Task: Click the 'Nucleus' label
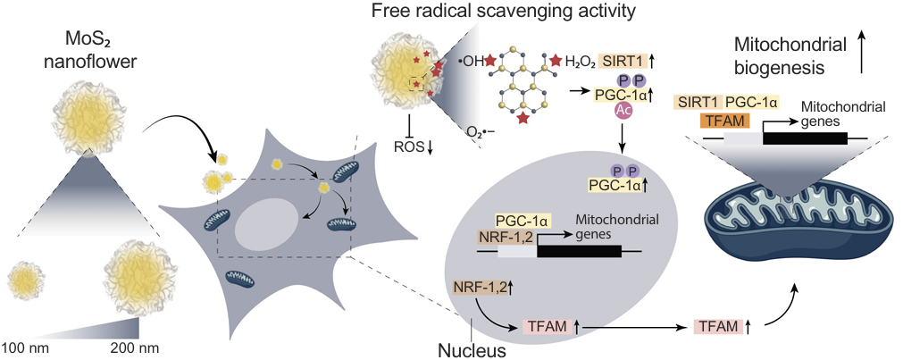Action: click(472, 349)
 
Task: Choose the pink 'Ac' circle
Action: click(624, 110)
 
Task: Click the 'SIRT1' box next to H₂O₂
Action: click(622, 60)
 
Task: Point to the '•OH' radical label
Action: click(471, 63)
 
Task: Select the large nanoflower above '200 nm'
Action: click(138, 280)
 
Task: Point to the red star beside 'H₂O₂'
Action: click(556, 60)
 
